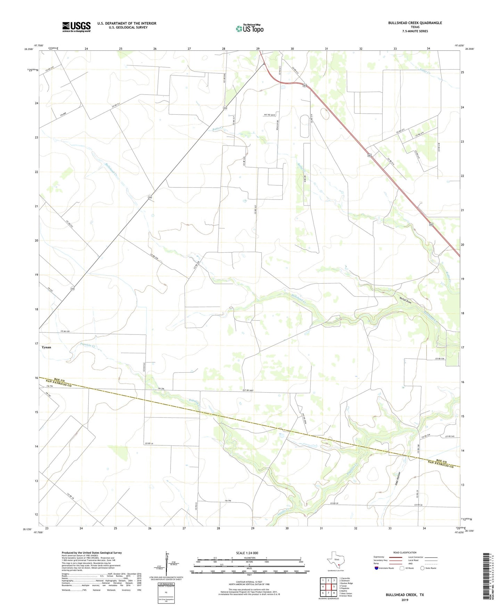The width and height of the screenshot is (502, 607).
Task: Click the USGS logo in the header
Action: [x=76, y=27]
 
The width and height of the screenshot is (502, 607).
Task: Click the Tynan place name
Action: [x=46, y=347]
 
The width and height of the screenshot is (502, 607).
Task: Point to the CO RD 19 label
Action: [x=148, y=443]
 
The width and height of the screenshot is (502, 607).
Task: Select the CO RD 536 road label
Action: [x=440, y=358]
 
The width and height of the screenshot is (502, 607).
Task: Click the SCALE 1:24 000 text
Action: [x=247, y=553]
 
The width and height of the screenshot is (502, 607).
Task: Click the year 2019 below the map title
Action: [x=404, y=600]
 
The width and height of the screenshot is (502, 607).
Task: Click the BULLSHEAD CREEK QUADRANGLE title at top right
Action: [x=415, y=23]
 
